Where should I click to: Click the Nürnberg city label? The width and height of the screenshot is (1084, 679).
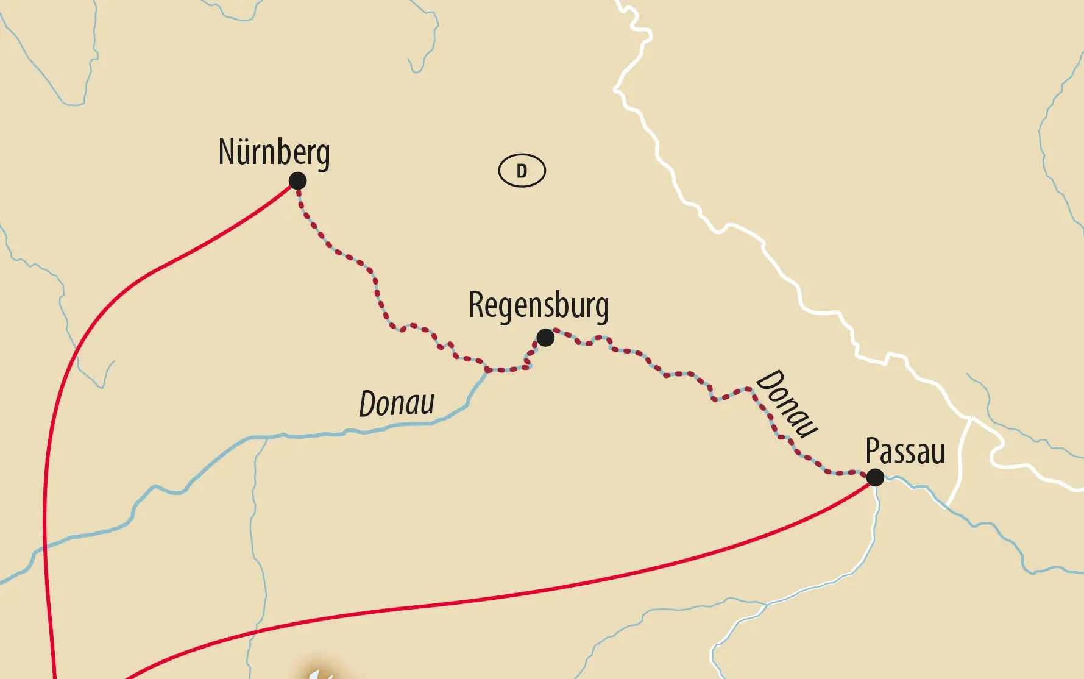click(x=274, y=152)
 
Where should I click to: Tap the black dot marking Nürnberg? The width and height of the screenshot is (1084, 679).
click(x=297, y=181)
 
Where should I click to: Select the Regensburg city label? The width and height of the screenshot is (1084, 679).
click(x=538, y=306)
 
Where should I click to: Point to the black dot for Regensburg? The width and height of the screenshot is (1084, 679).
click(x=545, y=337)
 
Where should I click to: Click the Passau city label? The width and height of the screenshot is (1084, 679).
click(x=905, y=452)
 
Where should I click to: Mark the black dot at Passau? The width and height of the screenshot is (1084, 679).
click(x=875, y=477)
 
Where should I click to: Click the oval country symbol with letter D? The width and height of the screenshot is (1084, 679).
click(x=522, y=171)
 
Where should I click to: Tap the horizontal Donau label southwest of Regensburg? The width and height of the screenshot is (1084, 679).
click(x=397, y=403)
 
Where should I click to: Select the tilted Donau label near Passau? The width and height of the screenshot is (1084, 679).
click(x=787, y=403)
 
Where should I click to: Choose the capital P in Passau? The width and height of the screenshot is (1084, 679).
click(x=873, y=452)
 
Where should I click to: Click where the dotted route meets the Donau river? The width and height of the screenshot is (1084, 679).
click(x=487, y=369)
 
